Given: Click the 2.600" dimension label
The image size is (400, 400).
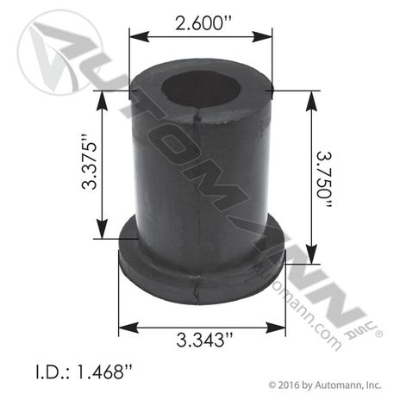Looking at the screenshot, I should click(x=200, y=16).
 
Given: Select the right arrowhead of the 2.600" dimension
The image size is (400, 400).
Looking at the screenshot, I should click(x=267, y=34).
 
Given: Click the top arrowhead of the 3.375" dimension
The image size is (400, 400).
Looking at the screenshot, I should click(x=105, y=93).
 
